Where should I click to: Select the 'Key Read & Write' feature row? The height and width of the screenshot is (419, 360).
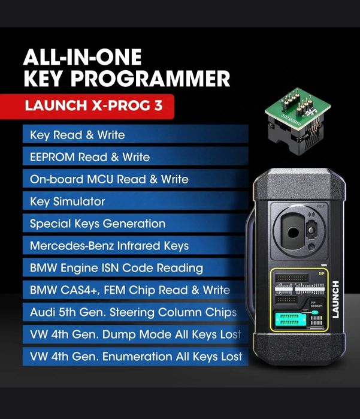[135, 135]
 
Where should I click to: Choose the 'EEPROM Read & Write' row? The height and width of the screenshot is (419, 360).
[135, 157]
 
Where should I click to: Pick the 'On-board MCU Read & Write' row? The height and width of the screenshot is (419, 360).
[135, 179]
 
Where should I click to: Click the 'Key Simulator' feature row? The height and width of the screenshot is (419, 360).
[135, 201]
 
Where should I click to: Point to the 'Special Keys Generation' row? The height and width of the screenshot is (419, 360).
[135, 224]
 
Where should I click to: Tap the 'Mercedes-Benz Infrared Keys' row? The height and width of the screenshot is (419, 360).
[135, 246]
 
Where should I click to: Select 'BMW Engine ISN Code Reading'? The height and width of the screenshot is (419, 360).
[135, 268]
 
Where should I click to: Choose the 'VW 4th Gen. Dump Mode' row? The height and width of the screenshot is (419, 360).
[135, 334]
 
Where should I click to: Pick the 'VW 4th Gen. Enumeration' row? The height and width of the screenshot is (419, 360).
[135, 357]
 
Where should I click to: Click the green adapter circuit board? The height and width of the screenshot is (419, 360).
[290, 100]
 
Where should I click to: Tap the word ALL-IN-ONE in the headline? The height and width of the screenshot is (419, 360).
[82, 58]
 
